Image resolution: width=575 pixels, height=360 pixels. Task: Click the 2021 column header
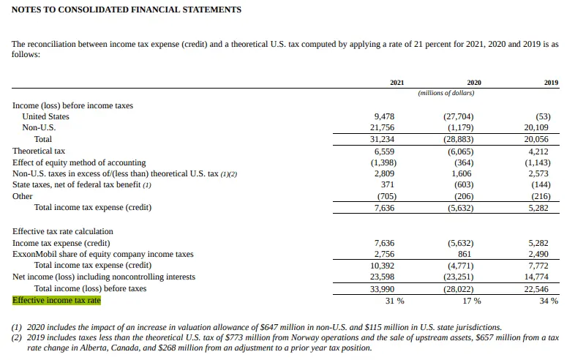(x=397, y=83)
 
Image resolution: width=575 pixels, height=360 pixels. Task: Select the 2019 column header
(x=551, y=83)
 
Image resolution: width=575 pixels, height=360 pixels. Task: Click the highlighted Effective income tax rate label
(x=56, y=300)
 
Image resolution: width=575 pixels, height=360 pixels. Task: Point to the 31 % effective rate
(x=394, y=301)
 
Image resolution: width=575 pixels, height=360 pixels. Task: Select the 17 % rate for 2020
(x=472, y=301)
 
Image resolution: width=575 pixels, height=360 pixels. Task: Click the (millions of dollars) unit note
(x=446, y=93)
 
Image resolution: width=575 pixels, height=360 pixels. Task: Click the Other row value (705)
(x=386, y=196)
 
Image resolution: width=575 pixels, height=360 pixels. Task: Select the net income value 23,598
(x=384, y=277)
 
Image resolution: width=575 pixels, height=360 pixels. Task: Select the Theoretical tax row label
(x=39, y=151)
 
